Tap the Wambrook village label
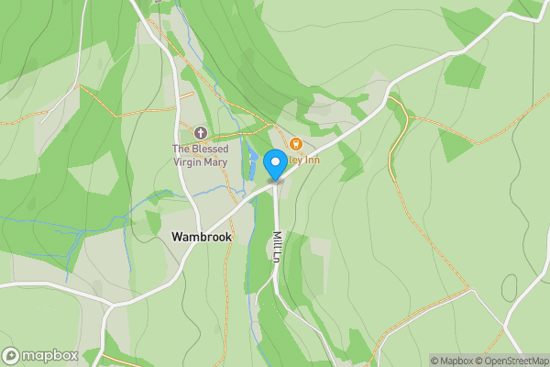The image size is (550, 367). tap(202, 237)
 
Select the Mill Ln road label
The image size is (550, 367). tap(276, 248)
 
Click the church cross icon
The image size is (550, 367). tap(201, 133)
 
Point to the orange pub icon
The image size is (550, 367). tap(296, 144)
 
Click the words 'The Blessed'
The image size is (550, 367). tap(201, 150)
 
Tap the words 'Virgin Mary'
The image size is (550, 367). tap(201, 162)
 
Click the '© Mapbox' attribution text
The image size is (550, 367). tap(452, 361)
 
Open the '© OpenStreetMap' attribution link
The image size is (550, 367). tap(511, 361)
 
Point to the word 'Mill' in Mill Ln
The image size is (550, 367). tap(276, 239)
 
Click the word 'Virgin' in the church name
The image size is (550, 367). tap(188, 162)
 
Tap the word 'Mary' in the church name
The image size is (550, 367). tap(215, 162)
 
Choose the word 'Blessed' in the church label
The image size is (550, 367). tap(209, 150)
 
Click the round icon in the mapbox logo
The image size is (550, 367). tap(12, 355)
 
